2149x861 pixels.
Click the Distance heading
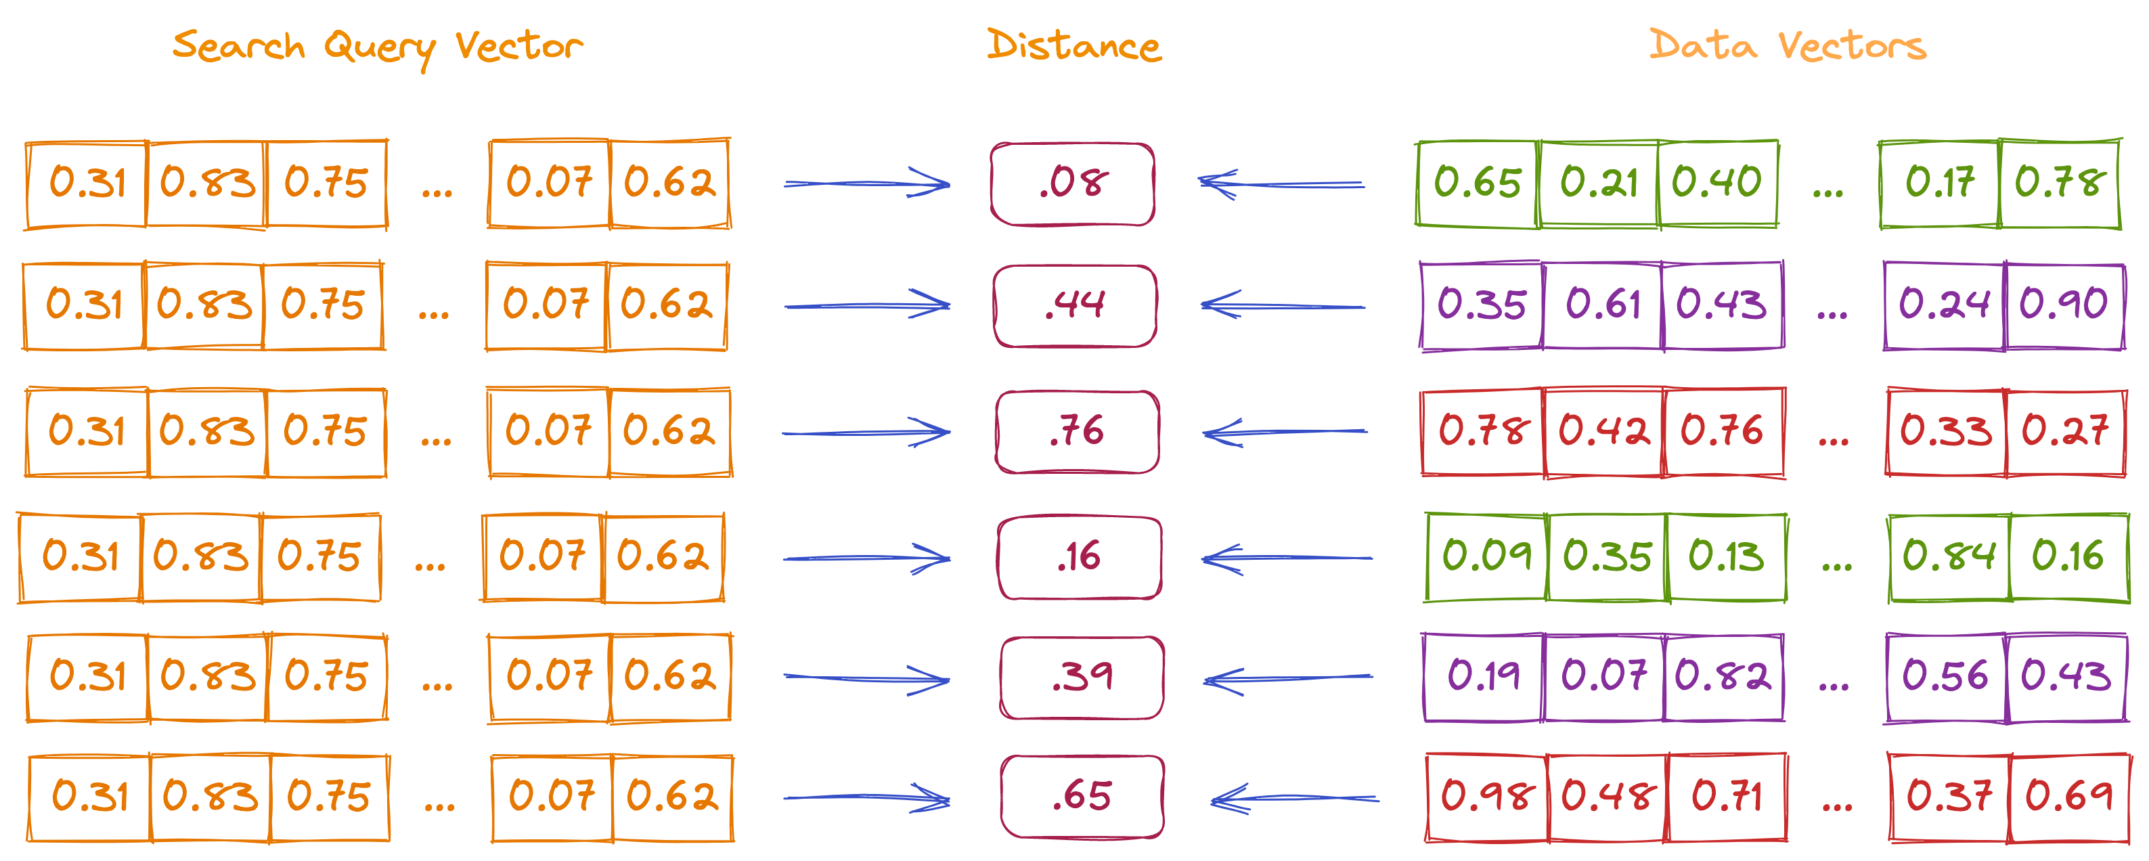pos(1073,45)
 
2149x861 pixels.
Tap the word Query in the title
pos(380,48)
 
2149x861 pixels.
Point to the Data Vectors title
pos(1787,45)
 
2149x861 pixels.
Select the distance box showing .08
pos(1073,183)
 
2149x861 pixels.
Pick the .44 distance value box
pos(1075,305)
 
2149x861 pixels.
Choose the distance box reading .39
pos(1082,678)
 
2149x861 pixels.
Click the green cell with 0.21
pos(1599,183)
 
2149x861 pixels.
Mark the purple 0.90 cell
pos(2064,305)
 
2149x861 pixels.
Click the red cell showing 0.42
pos(1603,431)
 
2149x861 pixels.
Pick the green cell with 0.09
pos(1486,556)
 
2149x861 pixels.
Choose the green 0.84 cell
pos(1949,556)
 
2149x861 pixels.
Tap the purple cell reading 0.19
pos(1483,677)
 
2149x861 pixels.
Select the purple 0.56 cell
pos(1945,677)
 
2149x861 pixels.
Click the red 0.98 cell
pos(1486,797)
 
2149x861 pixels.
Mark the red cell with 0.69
pos(2069,797)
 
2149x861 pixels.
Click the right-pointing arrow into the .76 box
pos(866,432)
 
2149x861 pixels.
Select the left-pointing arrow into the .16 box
pos(1287,557)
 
